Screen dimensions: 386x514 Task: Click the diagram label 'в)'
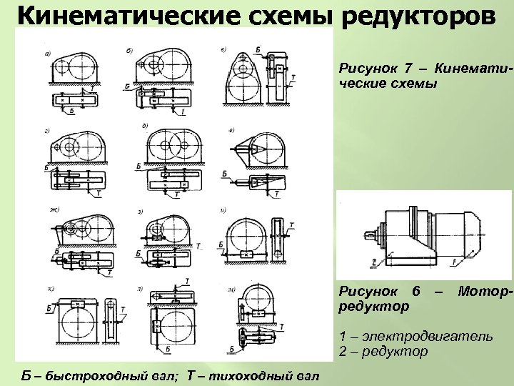click(x=224, y=50)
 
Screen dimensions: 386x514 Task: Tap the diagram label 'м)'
click(x=231, y=289)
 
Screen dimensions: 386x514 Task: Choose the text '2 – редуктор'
click(x=383, y=351)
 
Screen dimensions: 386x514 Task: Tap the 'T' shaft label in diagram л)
click(x=186, y=280)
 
